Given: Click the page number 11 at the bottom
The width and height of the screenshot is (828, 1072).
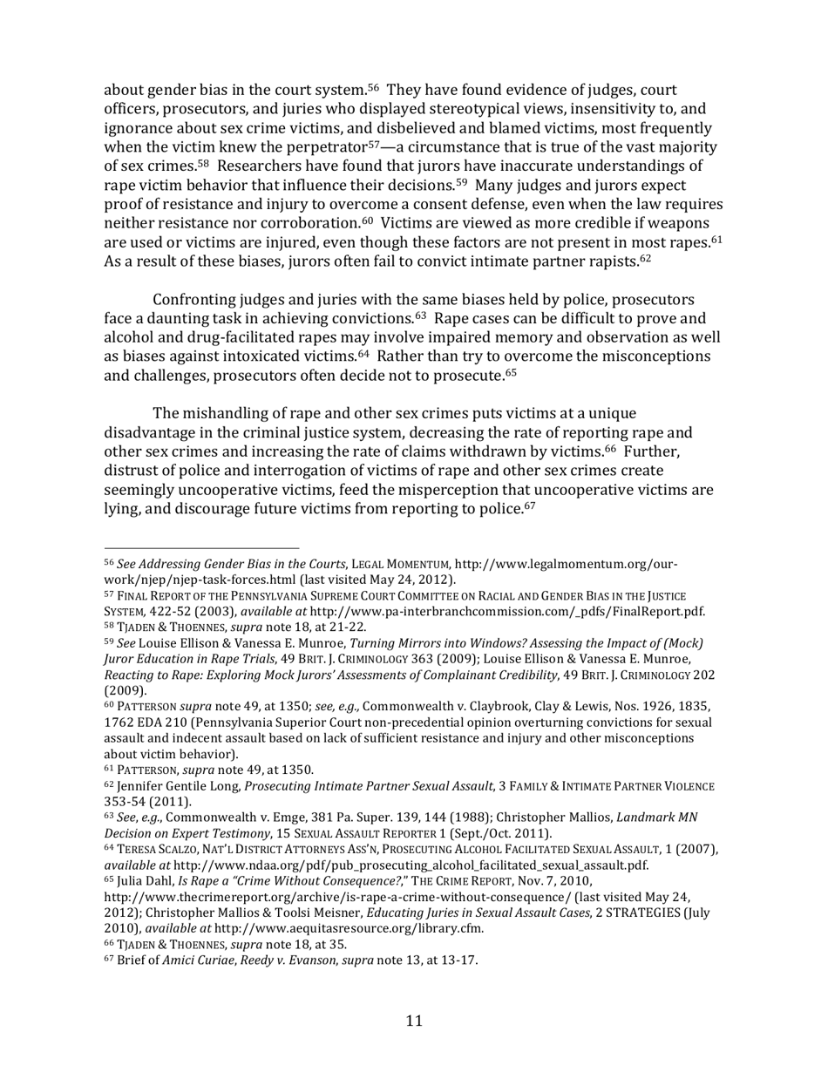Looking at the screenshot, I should tap(414, 1021).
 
